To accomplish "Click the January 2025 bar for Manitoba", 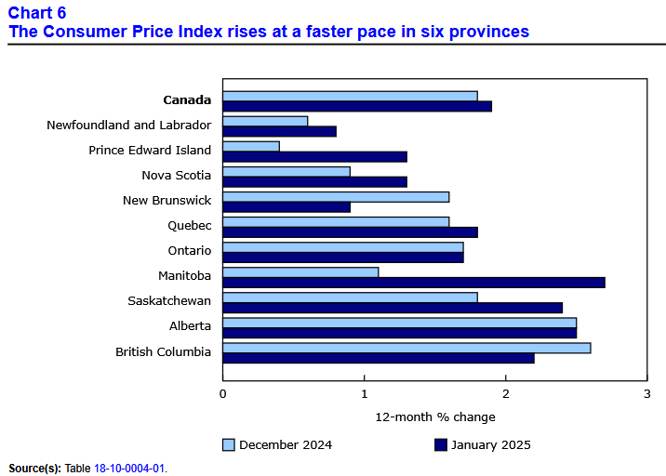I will point(414,283).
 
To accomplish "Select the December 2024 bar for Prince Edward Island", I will point(251,146).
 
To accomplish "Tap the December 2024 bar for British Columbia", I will point(406,348).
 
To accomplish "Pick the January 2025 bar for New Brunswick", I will point(286,206).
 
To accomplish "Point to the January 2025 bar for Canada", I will point(357,106).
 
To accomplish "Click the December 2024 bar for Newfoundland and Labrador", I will point(265,121).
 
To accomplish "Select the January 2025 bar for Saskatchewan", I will point(393,308).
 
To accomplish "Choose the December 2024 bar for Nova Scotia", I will point(286,171).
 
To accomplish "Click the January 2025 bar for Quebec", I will point(350,231).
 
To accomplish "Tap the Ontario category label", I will point(190,251).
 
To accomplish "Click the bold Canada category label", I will point(187,100).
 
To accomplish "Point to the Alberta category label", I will point(190,326).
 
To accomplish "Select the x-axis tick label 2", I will point(505,393).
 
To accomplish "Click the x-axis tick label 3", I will point(646,393).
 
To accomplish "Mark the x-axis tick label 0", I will point(223,393).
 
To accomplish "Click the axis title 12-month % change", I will point(435,416).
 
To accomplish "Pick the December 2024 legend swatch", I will point(229,444).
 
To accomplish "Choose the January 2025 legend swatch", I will point(441,444).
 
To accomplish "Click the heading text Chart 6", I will point(35,13).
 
